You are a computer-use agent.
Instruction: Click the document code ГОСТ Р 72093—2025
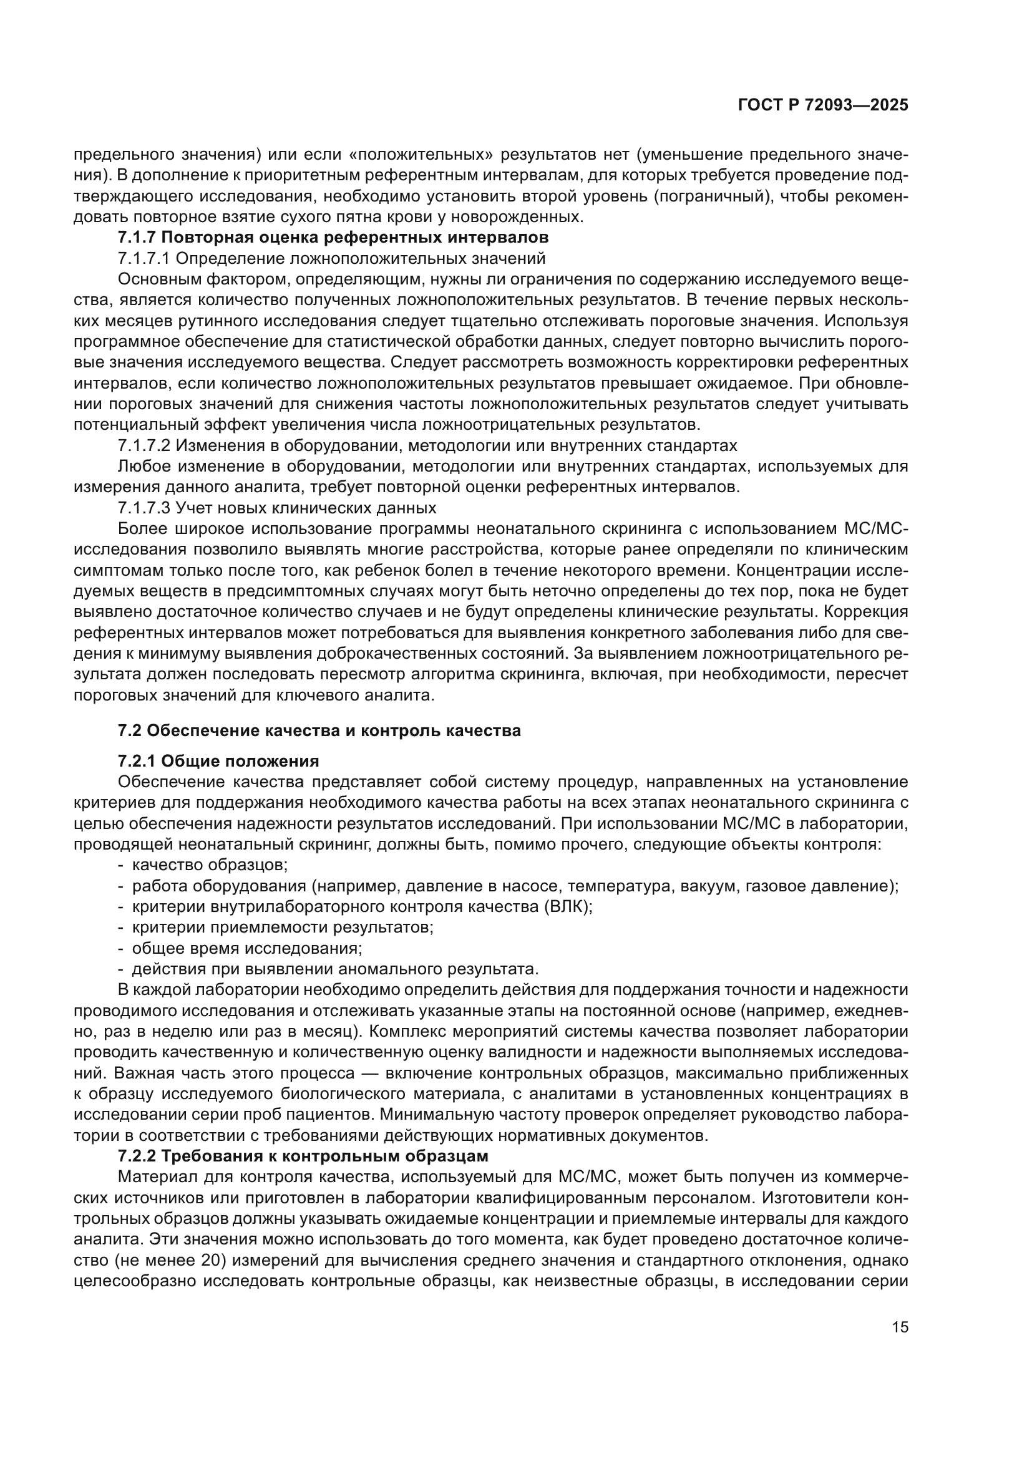823,105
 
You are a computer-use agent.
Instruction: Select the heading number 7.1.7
137,238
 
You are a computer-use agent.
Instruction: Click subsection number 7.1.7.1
144,259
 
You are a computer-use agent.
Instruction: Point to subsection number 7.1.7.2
144,445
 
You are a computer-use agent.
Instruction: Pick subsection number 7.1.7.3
144,508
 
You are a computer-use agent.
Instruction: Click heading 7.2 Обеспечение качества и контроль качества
319,730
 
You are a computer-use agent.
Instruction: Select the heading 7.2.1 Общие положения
218,760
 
